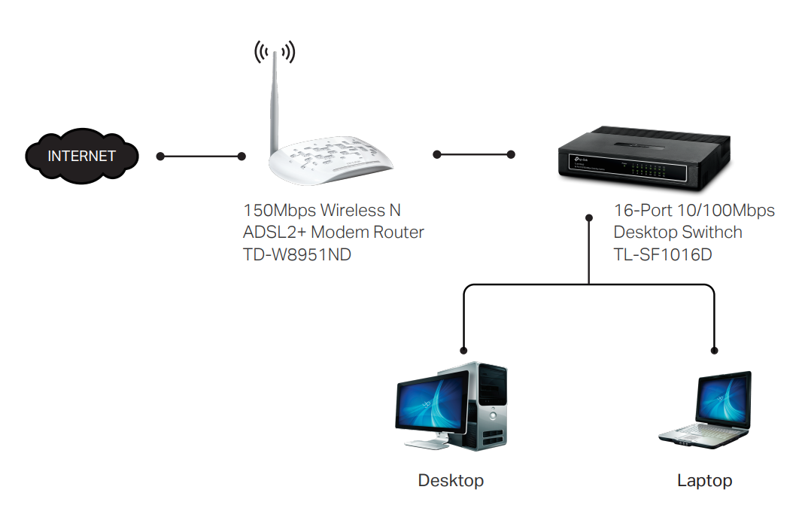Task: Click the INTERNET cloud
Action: pos(82,156)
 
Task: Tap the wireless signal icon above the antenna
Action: pos(274,51)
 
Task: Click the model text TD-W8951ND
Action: pos(297,254)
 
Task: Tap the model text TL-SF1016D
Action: pos(663,255)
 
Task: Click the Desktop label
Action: pos(451,480)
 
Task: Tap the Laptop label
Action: pos(704,480)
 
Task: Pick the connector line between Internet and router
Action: pos(201,157)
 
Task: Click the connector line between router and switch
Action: pos(473,154)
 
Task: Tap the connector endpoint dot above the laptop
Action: pos(714,350)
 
